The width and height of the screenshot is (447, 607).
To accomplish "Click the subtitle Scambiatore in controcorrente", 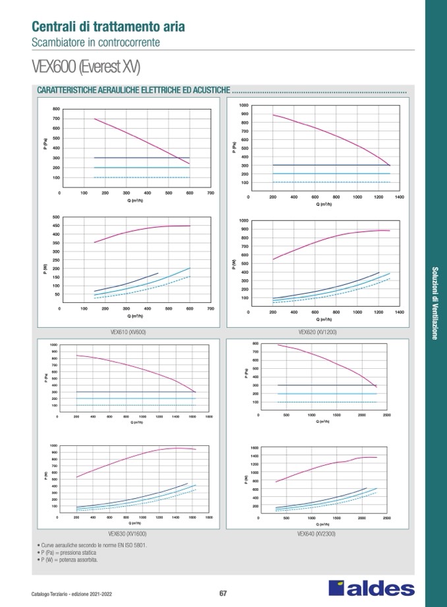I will click(96, 42).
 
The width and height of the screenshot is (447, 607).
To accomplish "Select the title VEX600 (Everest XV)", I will click(85, 67).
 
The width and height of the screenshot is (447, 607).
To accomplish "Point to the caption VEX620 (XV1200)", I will click(317, 333).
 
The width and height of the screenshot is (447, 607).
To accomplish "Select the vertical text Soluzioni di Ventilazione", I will click(434, 303).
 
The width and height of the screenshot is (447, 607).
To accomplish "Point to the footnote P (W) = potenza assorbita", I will click(69, 560).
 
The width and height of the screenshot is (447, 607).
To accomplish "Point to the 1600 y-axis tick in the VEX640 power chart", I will click(254, 448).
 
